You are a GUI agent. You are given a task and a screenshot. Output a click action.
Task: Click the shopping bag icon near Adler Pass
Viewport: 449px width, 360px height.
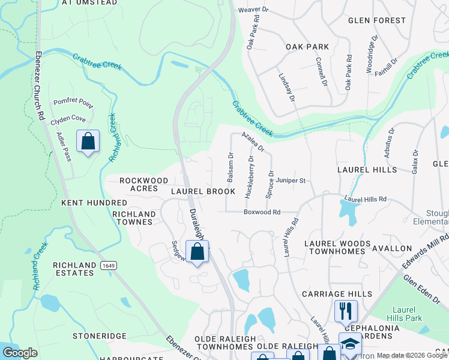88,142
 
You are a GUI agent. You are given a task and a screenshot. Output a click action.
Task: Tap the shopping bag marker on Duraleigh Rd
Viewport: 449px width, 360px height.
197,252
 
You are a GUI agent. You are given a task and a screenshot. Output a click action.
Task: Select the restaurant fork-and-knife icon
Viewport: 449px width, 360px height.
345,311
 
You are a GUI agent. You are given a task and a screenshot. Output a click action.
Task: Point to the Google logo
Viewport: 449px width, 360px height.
20,353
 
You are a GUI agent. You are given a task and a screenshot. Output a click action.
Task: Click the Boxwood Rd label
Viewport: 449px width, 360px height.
262,212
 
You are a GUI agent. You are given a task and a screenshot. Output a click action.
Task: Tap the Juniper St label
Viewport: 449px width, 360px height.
294,180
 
